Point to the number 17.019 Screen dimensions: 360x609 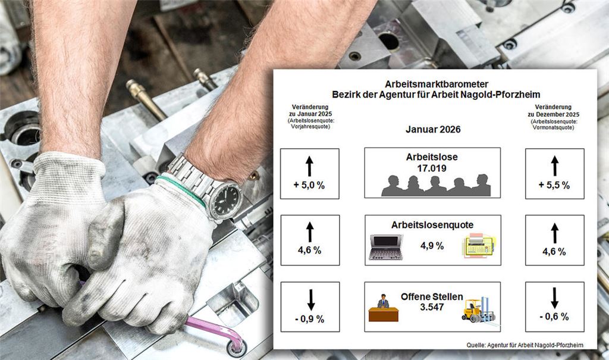(432, 168)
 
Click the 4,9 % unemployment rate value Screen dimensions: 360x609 (432, 246)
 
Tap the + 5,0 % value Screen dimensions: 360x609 (309, 185)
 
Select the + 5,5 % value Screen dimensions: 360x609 (554, 185)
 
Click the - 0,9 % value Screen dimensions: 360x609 (309, 319)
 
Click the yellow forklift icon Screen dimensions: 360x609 (478, 309)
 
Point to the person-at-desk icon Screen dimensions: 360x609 (383, 308)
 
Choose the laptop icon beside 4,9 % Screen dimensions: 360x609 (385, 246)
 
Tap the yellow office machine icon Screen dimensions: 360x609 (479, 246)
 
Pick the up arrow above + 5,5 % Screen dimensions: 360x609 (554, 165)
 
